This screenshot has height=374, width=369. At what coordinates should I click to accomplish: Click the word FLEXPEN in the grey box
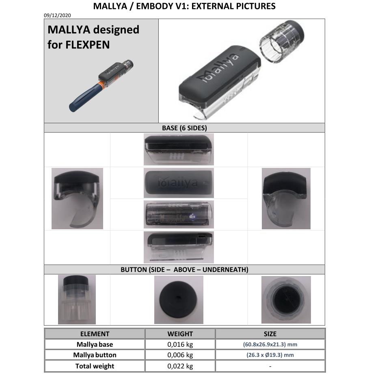[87, 45]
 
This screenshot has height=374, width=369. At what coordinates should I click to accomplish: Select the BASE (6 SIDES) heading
[184, 128]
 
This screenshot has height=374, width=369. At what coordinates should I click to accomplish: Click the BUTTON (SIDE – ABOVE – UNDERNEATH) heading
[184, 270]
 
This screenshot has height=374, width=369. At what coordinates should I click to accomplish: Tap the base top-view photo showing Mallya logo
[179, 184]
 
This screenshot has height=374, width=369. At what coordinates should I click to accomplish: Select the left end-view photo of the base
[78, 198]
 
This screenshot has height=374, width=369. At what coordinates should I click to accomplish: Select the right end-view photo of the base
[286, 198]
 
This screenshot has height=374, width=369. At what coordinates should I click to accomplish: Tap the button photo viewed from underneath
[286, 300]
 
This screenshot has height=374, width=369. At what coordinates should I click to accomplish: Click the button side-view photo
[77, 300]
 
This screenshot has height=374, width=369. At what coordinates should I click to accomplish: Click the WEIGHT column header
[180, 334]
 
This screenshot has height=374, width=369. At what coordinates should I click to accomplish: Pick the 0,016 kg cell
[180, 344]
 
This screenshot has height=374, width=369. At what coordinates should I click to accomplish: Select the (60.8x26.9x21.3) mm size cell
[270, 344]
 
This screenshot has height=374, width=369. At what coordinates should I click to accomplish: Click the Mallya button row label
[95, 355]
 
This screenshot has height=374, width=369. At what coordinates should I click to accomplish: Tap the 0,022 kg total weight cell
[180, 366]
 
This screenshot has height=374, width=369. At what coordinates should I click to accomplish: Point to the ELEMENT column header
[95, 334]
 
